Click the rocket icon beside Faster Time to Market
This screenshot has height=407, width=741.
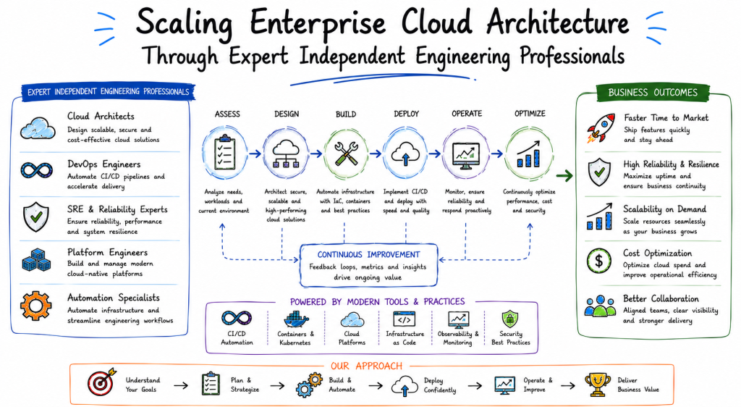601,128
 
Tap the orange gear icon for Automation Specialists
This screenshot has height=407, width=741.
36,306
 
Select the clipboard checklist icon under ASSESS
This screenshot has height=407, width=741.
224,152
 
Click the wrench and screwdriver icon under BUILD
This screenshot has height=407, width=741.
346,154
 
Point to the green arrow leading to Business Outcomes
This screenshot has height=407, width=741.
564,176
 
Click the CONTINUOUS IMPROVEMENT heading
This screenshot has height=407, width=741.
368,254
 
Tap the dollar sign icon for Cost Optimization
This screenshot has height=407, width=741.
598,261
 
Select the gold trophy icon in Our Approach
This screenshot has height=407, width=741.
597,385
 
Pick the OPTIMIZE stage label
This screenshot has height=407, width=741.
530,114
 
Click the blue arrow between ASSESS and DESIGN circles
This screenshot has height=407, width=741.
255,154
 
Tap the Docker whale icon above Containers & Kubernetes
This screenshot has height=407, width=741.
295,319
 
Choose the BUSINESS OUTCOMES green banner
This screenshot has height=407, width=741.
653,93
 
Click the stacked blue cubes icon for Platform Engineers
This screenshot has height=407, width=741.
36,260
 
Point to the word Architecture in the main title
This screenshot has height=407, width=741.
558,22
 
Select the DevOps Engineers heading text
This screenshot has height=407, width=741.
104,164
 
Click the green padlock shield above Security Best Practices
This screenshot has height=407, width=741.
510,319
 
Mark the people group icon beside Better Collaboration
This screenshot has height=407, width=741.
600,306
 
